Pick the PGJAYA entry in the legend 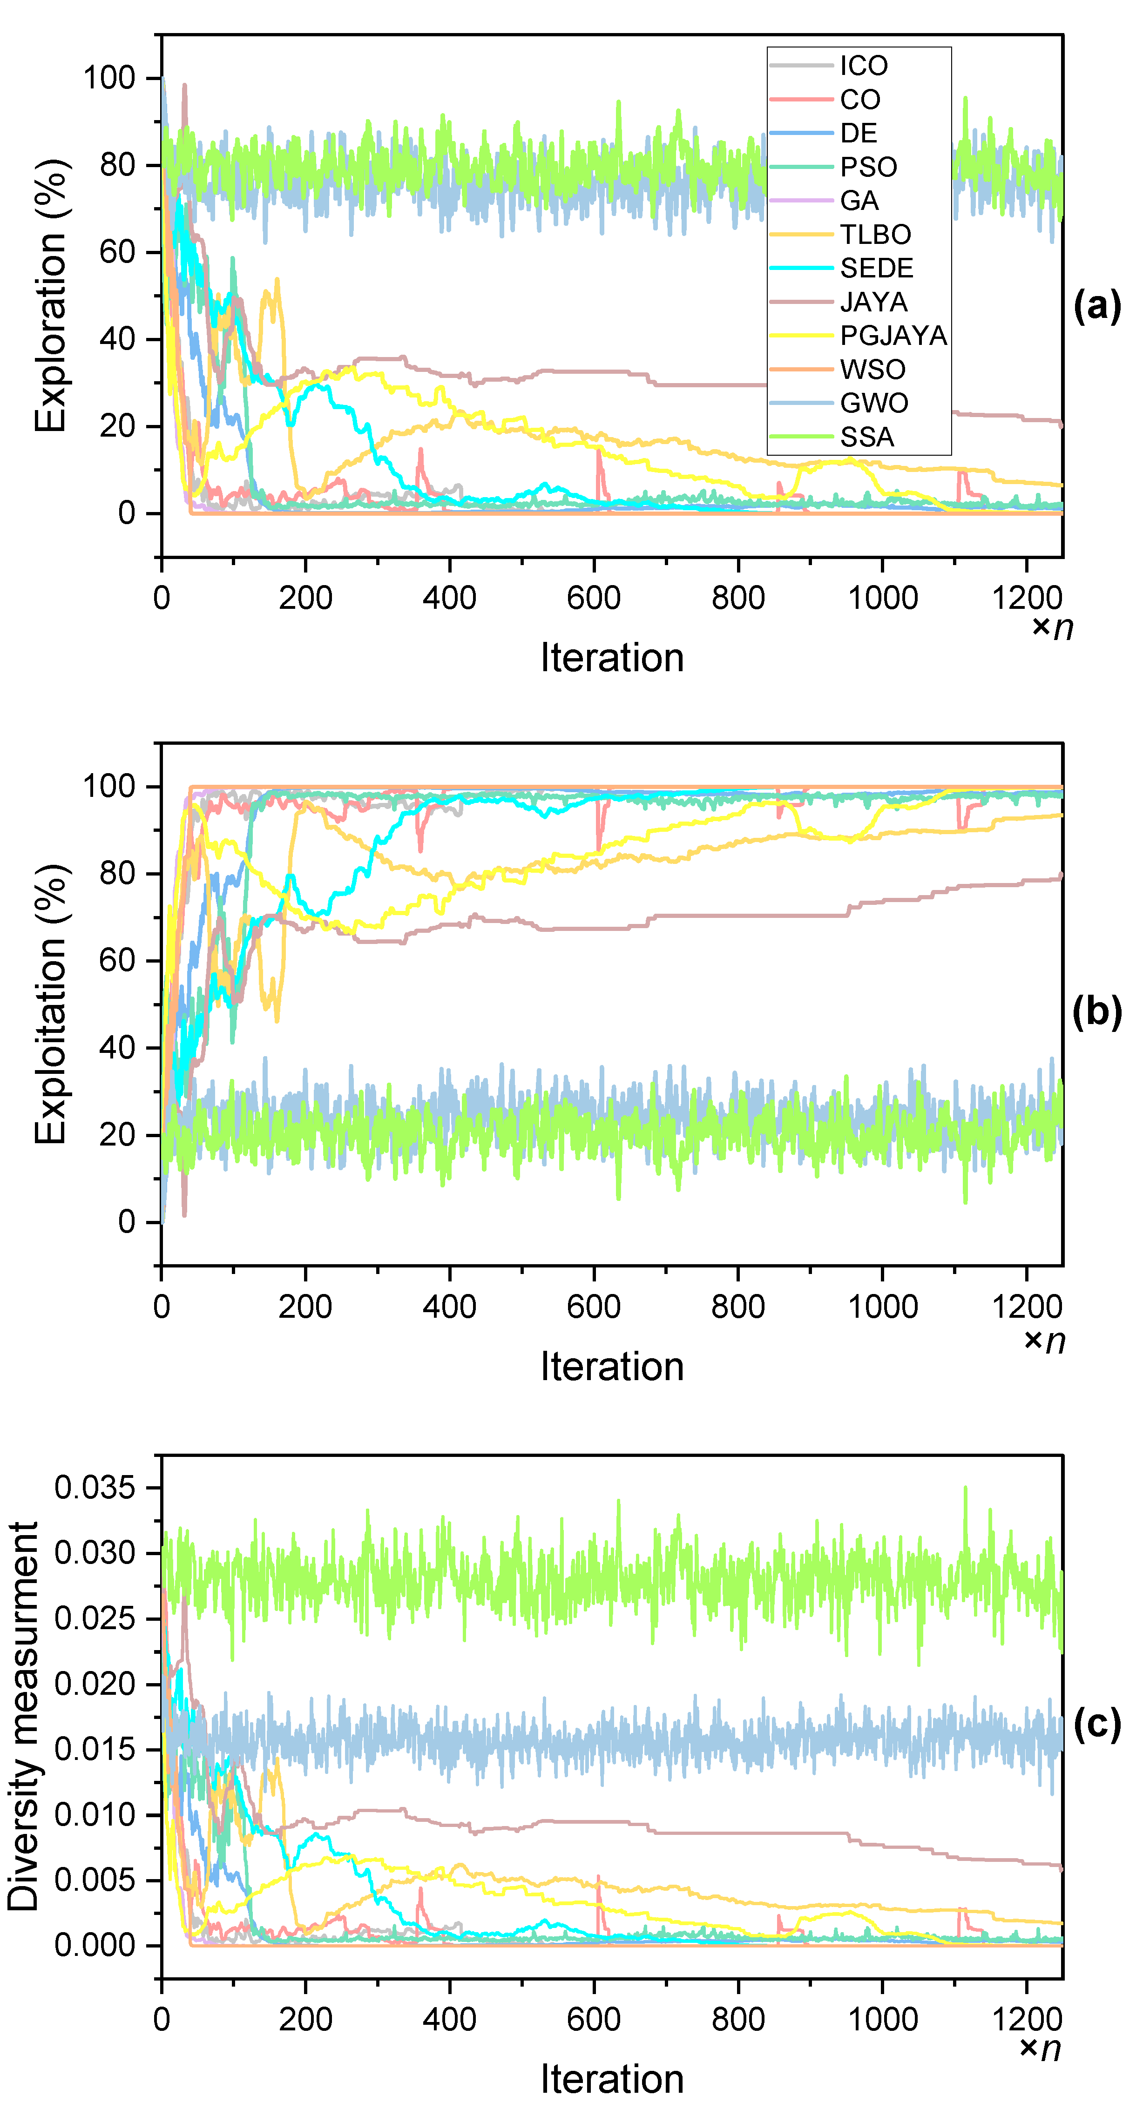[x=893, y=336]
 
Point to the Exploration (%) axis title [x=51, y=296]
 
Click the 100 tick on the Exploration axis [x=109, y=78]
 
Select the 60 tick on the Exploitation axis [x=117, y=961]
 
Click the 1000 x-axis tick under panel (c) [x=883, y=2019]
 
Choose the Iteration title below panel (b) [x=611, y=1367]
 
